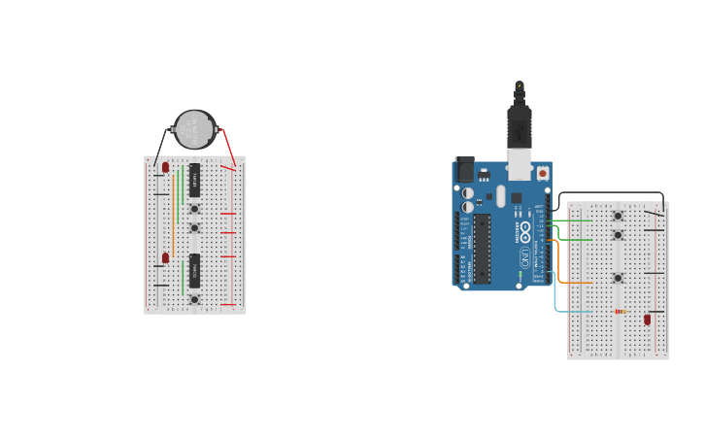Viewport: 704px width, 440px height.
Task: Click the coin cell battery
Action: pyautogui.click(x=194, y=129)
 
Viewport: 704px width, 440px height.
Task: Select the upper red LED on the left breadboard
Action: pyautogui.click(x=165, y=167)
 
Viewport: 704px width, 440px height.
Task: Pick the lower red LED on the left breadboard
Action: pyautogui.click(x=165, y=258)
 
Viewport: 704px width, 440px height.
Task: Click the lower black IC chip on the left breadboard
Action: pyautogui.click(x=194, y=271)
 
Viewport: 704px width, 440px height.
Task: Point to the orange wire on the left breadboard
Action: pyautogui.click(x=174, y=219)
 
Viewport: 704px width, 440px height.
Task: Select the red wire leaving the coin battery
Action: pyautogui.click(x=228, y=146)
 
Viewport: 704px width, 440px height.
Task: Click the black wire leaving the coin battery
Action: pyautogui.click(x=161, y=146)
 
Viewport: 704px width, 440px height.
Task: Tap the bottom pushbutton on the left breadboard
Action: pyautogui.click(x=194, y=299)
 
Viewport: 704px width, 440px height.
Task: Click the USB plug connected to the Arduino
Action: pyautogui.click(x=520, y=126)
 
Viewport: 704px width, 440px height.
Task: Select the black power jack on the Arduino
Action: pyautogui.click(x=465, y=170)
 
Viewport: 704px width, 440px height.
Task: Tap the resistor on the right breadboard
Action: pyautogui.click(x=619, y=312)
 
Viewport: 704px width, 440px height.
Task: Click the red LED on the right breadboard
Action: pyautogui.click(x=648, y=320)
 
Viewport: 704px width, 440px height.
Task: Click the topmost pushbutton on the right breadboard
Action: pyautogui.click(x=618, y=217)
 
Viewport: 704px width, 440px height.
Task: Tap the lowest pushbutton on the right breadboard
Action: pyautogui.click(x=618, y=278)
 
